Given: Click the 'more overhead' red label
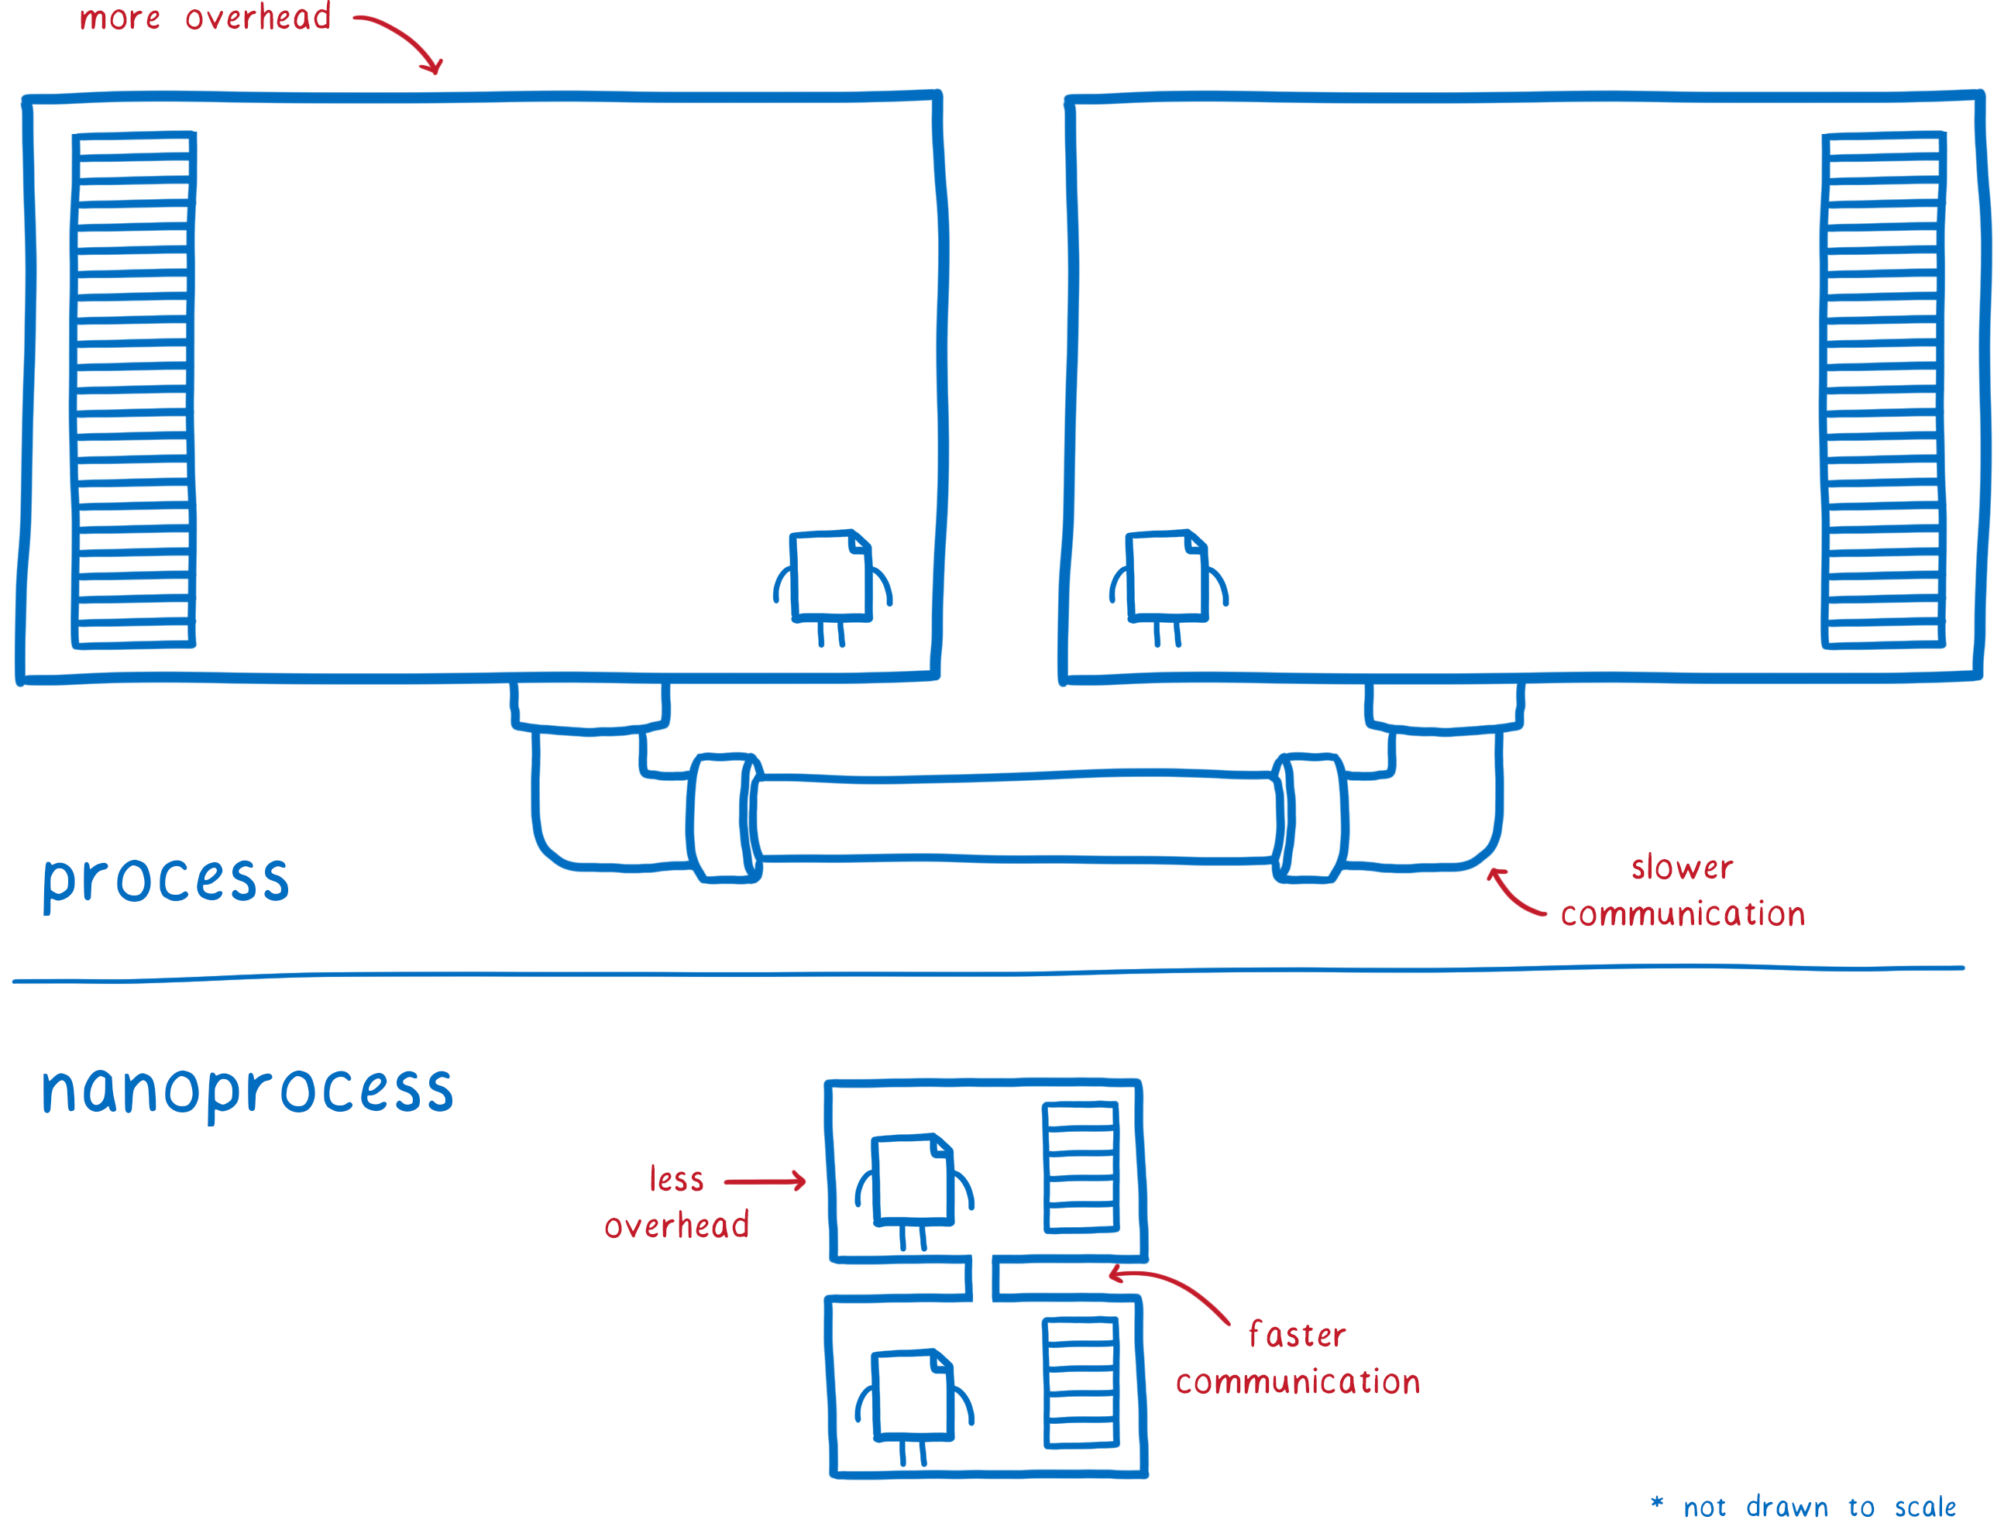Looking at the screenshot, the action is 205,17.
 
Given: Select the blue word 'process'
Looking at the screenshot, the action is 166,880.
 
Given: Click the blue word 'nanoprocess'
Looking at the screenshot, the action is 247,1091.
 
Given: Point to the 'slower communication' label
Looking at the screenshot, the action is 1682,891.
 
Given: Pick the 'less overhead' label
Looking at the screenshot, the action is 676,1202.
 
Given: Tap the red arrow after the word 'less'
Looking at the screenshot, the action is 765,1181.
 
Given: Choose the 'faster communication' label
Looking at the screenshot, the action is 1298,1359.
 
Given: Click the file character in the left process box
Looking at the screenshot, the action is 832,586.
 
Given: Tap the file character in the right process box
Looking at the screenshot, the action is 1168,586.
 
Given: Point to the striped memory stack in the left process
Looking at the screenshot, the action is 133,390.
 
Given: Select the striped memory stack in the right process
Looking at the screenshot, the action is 1883,390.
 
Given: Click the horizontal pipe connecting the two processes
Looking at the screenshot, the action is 1015,818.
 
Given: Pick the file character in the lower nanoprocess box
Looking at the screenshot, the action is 914,1407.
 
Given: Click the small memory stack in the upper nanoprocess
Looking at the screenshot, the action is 1081,1167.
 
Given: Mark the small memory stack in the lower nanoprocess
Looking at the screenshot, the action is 1081,1382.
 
